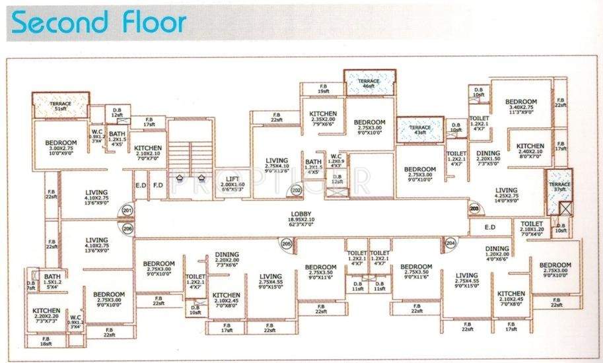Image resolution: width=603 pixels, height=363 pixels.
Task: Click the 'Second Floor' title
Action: tap(99, 22)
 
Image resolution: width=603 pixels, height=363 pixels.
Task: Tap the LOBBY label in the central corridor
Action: tap(300, 214)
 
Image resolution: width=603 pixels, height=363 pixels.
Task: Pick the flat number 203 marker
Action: tap(474, 208)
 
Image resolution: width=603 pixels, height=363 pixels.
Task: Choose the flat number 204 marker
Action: tap(450, 243)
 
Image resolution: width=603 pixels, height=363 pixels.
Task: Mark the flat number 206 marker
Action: tap(127, 229)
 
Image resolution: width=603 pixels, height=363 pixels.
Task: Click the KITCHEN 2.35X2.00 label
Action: tap(323, 117)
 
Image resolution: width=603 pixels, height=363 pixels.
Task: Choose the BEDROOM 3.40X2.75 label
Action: tap(522, 106)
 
